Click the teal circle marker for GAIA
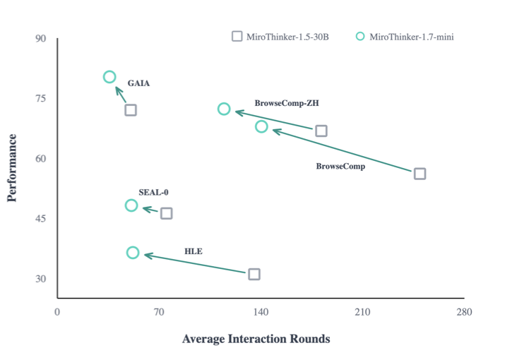pos(109,77)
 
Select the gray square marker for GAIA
pos(131,110)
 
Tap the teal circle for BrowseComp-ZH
pos(224,109)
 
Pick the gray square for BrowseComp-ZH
pos(321,131)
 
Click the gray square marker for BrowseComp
pos(419,174)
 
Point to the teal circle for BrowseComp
pos(261,126)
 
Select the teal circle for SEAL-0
pos(131,205)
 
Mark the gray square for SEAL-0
pos(167,213)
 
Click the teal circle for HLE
pos(133,253)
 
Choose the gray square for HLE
pos(254,274)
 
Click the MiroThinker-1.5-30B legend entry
pos(280,36)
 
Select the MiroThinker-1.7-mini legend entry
pos(405,36)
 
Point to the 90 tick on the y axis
pos(41,37)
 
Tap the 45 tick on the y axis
pos(41,218)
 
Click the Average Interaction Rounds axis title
pos(256,339)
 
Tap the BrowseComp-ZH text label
pos(287,103)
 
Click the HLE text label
pos(194,251)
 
